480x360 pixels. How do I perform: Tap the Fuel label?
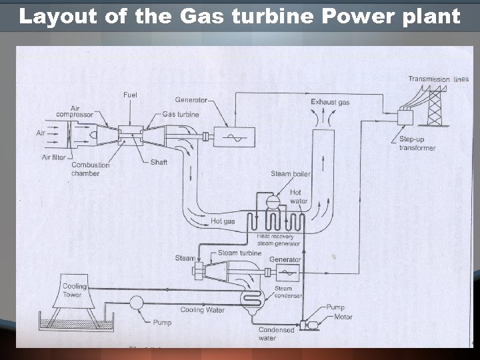coord(130,95)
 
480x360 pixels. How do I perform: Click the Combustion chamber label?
coord(91,169)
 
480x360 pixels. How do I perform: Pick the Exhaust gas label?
coord(330,102)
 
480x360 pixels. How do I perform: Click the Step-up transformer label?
coord(417,143)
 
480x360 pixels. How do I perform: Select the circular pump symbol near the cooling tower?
coord(137,301)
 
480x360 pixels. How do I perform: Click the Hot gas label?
coord(223,221)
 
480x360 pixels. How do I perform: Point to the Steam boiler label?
coord(290,174)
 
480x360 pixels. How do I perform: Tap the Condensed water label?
coord(277,334)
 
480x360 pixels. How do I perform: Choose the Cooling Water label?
coord(202,310)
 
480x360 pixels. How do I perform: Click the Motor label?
coord(343,317)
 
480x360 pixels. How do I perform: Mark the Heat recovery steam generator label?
coord(278,240)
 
